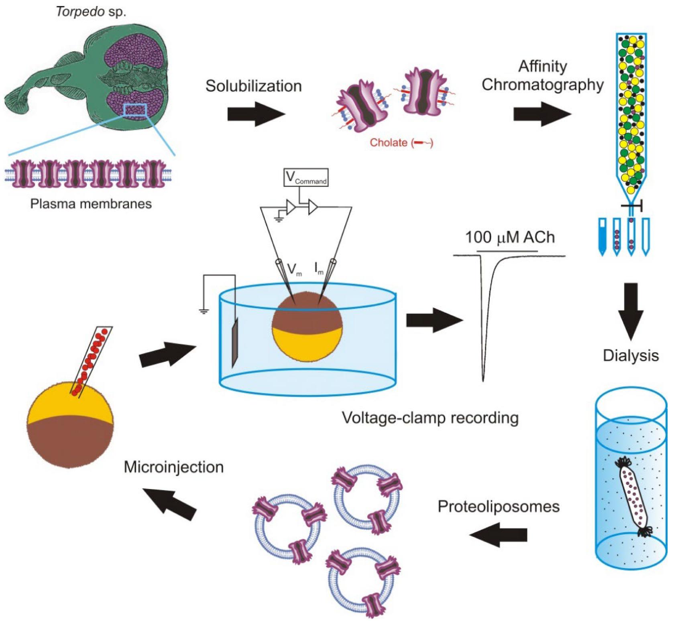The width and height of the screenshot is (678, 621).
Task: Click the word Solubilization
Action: click(x=253, y=86)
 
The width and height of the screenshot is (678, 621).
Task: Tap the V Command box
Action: click(x=306, y=177)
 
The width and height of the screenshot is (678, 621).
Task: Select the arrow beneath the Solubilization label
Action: click(x=256, y=114)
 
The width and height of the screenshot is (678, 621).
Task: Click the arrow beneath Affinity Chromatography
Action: click(x=542, y=114)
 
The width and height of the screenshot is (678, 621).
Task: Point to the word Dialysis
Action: click(x=631, y=355)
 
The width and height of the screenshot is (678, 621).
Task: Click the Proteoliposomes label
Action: click(x=498, y=506)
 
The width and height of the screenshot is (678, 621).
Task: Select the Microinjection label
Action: click(x=173, y=467)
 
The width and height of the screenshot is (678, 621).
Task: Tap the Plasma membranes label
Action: click(x=91, y=204)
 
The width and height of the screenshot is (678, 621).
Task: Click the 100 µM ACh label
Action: click(x=510, y=237)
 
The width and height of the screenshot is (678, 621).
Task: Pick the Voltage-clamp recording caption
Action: click(x=430, y=418)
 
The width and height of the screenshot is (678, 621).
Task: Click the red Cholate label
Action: click(x=401, y=142)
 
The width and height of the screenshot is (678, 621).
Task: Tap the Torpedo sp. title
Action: click(x=91, y=11)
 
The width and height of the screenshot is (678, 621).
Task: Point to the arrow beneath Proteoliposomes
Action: click(x=498, y=535)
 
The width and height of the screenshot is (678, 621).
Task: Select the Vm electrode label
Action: click(x=294, y=269)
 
